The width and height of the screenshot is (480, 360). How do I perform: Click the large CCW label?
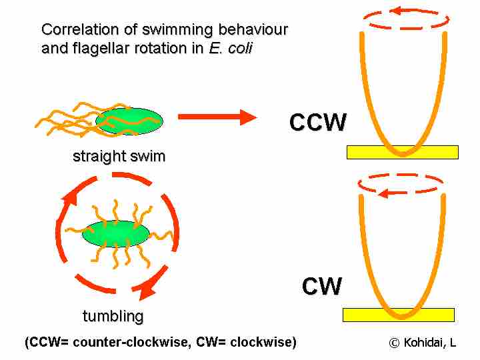(318, 123)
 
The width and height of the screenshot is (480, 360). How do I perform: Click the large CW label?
(321, 287)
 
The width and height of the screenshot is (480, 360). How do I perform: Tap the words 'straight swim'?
(119, 157)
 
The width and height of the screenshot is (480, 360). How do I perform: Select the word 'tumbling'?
(113, 315)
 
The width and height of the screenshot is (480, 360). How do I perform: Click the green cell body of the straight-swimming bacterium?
(129, 121)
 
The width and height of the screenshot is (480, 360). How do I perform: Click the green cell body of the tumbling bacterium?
(116, 233)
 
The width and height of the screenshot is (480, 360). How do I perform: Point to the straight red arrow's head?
(248, 117)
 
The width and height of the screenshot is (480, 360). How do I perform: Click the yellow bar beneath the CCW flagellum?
(403, 152)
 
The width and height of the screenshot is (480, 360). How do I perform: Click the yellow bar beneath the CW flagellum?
(398, 315)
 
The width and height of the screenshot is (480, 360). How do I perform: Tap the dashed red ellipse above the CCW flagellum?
(402, 19)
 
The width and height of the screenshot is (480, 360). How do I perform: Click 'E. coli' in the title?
(230, 49)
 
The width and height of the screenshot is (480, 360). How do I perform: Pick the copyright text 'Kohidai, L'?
(430, 343)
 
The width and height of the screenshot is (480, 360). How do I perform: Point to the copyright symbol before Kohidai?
(394, 343)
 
